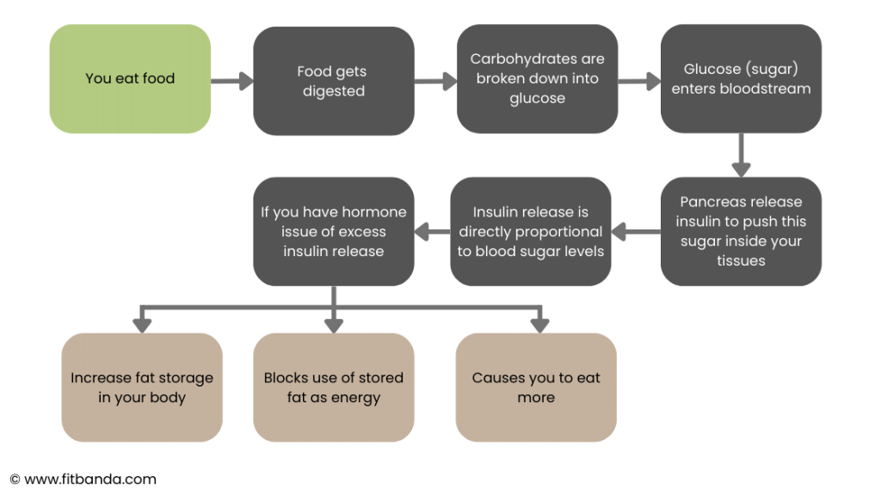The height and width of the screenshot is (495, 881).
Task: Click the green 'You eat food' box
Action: tap(130, 78)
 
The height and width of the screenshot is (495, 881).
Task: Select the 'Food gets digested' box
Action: tap(334, 81)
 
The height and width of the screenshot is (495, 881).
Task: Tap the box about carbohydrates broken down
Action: tap(537, 78)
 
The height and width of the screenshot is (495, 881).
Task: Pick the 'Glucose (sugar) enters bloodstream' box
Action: tap(741, 78)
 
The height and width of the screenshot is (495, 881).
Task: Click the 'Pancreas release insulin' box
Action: tap(741, 231)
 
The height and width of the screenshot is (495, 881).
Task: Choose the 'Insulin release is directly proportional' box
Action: tap(530, 231)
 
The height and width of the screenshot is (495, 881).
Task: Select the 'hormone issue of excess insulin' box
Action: tap(334, 231)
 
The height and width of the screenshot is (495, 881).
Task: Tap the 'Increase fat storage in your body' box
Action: tap(142, 388)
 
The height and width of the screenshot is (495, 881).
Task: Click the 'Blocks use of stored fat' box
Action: tap(334, 388)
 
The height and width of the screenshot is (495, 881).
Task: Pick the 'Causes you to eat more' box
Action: tap(536, 388)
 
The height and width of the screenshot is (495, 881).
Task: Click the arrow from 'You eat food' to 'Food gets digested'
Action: tap(232, 81)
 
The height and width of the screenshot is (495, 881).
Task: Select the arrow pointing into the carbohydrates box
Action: tap(436, 81)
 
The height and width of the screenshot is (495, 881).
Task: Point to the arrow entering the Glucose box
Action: tap(639, 81)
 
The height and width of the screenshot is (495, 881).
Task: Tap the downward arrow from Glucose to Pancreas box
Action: tap(741, 156)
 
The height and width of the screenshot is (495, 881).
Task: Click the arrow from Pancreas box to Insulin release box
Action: tap(636, 231)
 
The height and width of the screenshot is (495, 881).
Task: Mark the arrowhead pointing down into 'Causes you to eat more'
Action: tap(540, 326)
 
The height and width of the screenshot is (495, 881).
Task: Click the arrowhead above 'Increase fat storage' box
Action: tap(142, 326)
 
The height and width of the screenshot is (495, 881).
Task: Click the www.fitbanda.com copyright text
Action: tap(83, 480)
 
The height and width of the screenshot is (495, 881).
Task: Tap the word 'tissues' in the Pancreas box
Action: tap(741, 260)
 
